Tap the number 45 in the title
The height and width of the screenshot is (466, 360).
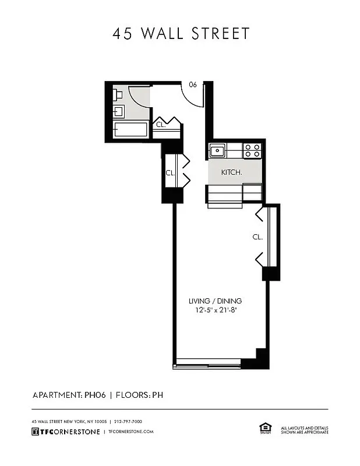[123, 33]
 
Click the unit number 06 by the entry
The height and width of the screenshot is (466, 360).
[192, 84]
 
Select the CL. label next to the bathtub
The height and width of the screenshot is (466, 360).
[160, 125]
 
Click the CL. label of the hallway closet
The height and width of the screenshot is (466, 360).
[170, 172]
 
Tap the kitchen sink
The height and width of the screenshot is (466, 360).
[218, 151]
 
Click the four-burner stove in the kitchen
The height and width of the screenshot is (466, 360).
[252, 151]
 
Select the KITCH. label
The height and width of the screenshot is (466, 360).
[231, 173]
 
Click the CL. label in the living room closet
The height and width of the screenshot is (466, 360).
[257, 237]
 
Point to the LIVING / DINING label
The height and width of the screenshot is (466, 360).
[215, 301]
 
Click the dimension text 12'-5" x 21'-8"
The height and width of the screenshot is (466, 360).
[215, 310]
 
